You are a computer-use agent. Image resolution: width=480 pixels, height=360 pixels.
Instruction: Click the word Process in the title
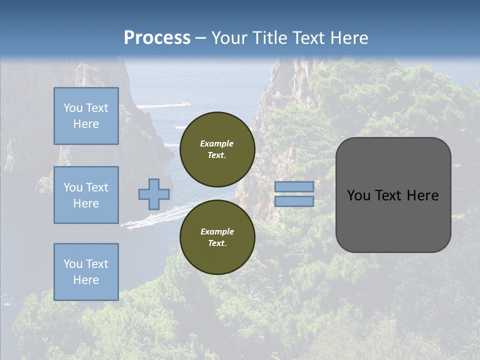(157, 38)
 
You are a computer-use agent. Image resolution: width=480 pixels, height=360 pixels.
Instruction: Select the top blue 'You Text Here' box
(86, 116)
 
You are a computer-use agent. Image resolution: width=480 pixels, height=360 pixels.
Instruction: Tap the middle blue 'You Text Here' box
(86, 195)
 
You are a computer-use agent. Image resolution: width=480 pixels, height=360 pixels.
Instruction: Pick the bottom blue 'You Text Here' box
(86, 272)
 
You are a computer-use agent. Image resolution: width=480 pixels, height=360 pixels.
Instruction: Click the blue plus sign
(154, 194)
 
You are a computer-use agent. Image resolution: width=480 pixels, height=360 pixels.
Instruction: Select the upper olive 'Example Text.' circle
(217, 149)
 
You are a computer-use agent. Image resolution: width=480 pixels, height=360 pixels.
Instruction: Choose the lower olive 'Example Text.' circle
(217, 237)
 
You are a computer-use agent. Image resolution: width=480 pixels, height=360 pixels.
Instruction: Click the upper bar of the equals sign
(294, 186)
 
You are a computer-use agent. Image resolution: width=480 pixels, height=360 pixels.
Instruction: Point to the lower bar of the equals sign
(294, 201)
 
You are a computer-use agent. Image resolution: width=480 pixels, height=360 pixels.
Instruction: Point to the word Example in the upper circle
(217, 143)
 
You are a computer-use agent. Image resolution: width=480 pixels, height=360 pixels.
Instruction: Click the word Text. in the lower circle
(217, 243)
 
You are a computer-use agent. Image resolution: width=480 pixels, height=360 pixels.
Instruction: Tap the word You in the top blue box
(72, 108)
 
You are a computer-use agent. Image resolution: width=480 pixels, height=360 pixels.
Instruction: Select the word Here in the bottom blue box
(86, 280)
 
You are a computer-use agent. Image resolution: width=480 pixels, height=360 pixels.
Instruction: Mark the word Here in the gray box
(423, 195)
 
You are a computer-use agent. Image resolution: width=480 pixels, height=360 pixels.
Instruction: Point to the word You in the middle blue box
(72, 187)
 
